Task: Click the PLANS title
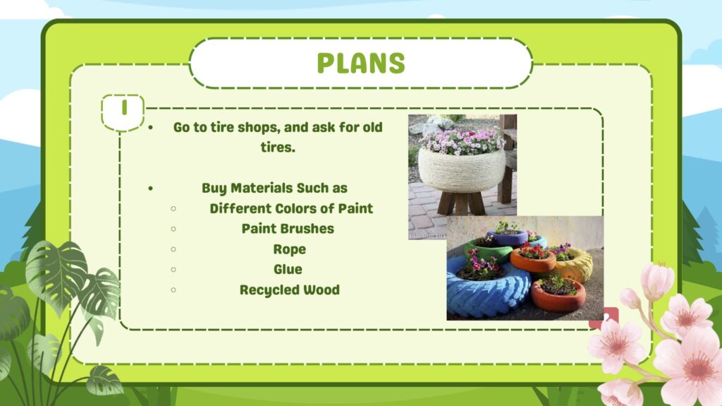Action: [x=361, y=63]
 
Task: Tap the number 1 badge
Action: [x=123, y=112]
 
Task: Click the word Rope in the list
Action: [x=290, y=249]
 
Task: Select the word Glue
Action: [x=288, y=269]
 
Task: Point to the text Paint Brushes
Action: [x=288, y=228]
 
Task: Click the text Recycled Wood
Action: [x=290, y=289]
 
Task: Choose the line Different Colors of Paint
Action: [x=291, y=208]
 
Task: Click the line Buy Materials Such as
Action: [x=274, y=189]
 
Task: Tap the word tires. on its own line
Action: [x=278, y=147]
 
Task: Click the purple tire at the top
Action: [x=507, y=237]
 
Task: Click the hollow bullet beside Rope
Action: [x=173, y=249]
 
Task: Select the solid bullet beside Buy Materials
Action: [x=151, y=189]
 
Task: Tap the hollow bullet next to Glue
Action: [x=173, y=270]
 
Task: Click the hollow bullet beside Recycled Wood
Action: [x=173, y=289]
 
